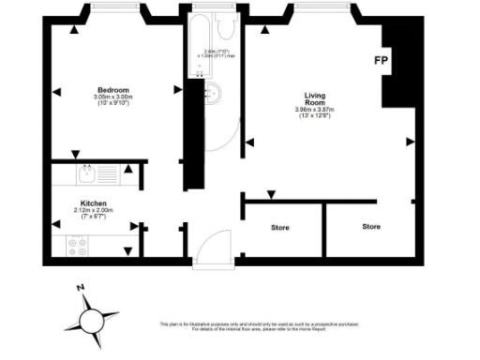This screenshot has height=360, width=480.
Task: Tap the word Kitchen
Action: [93, 203]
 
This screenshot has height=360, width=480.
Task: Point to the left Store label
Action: [280, 228]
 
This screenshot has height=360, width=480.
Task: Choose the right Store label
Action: [372, 227]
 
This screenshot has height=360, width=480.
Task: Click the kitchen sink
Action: [87, 172]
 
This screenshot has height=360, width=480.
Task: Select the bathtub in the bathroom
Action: [202, 33]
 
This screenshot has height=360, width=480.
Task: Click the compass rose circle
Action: [93, 321]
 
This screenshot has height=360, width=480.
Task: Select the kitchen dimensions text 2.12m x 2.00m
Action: [93, 211]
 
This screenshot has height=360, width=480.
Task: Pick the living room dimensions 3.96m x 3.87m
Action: [314, 111]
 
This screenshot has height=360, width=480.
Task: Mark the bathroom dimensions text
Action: [219, 54]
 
